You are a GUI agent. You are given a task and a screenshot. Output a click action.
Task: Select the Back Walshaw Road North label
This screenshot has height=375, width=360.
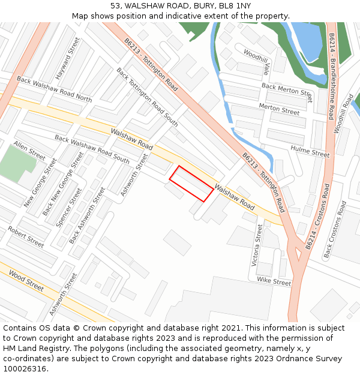click(54, 89)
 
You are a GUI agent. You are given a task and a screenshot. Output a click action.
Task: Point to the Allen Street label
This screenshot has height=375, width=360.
click(29, 151)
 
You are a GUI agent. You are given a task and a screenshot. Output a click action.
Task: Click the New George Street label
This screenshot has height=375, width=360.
click(40, 183)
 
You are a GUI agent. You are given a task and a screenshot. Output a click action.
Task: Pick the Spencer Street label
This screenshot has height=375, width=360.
click(68, 206)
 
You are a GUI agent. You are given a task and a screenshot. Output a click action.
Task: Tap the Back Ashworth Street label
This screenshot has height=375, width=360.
click(87, 215)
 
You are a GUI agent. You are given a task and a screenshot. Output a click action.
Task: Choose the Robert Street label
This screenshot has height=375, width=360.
click(26, 237)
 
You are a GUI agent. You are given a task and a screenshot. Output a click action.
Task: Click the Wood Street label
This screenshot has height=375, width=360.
click(26, 281)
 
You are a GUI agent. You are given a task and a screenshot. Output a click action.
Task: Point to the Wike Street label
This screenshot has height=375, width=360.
click(274, 280)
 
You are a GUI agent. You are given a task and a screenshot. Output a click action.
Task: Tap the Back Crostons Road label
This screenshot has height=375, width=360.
click(335, 230)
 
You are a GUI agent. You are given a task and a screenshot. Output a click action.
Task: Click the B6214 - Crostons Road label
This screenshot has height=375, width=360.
click(317, 217)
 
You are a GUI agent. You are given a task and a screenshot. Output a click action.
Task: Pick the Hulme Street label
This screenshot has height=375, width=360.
click(310, 151)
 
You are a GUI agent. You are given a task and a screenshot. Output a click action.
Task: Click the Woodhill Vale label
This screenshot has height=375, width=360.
click(257, 62)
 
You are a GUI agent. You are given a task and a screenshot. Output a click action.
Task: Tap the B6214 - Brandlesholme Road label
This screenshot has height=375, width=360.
click(331, 76)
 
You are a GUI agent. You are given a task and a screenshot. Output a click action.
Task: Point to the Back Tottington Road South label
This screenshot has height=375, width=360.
click(147, 97)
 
